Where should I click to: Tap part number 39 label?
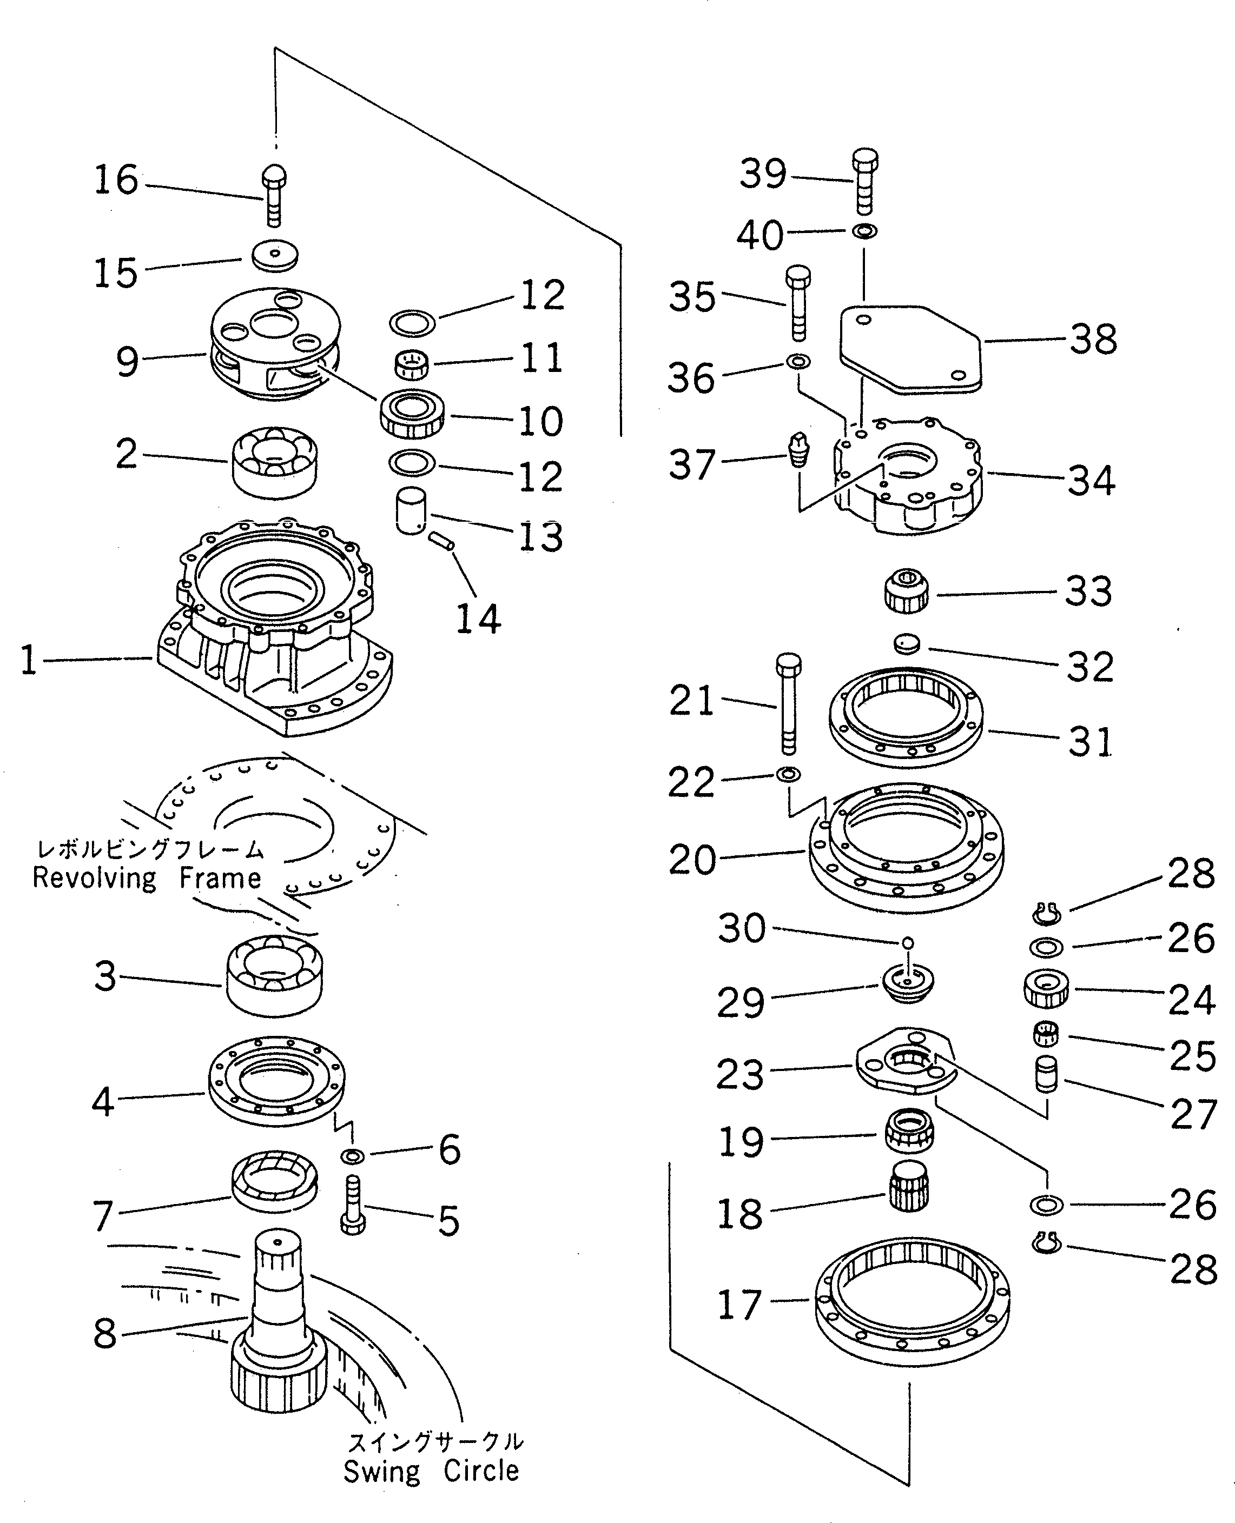tap(763, 174)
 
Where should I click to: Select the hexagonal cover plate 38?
tap(910, 348)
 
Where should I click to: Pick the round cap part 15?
tap(275, 255)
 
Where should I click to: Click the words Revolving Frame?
tap(147, 879)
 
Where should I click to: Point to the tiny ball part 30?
tap(907, 943)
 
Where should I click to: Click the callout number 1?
tap(29, 660)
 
